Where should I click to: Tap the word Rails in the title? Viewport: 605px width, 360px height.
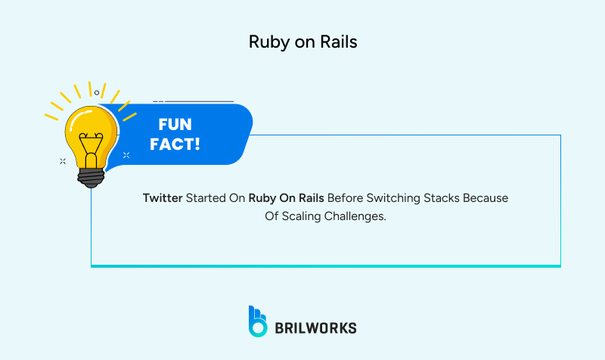click(x=340, y=42)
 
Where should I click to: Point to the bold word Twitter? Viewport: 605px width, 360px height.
click(x=163, y=198)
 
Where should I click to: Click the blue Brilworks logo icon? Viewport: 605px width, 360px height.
click(x=258, y=321)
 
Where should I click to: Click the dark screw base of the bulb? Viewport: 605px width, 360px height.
click(x=91, y=175)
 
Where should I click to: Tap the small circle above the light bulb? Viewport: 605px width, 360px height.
click(x=97, y=92)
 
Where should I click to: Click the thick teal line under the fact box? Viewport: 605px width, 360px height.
click(x=325, y=265)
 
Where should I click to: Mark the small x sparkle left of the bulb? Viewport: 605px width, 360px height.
click(x=62, y=160)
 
